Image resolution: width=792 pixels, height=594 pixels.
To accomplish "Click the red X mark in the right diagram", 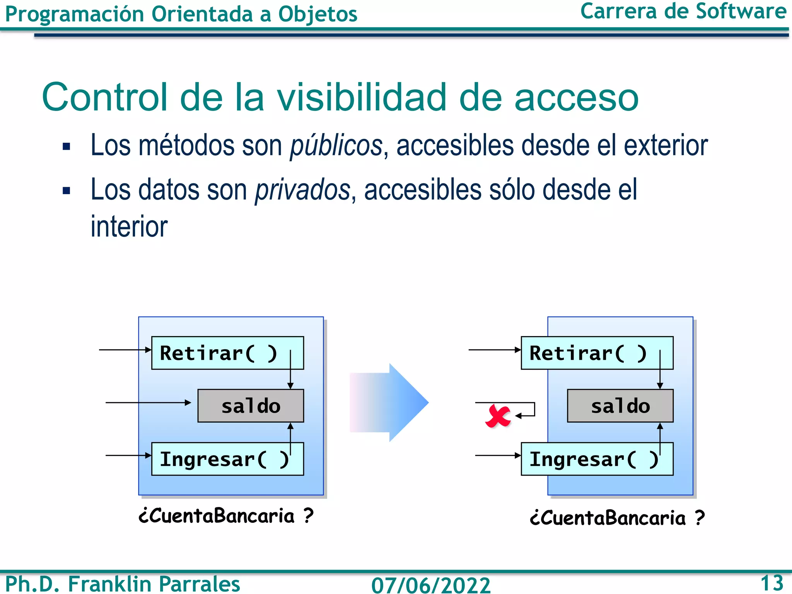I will click(x=498, y=416).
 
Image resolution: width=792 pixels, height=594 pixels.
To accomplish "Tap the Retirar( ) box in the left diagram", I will click(x=227, y=353).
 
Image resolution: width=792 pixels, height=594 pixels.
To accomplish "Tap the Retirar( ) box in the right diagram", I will click(x=597, y=353).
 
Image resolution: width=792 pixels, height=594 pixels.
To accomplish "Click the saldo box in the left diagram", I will click(x=251, y=406).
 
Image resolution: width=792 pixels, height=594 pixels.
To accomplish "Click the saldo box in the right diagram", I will click(x=620, y=406).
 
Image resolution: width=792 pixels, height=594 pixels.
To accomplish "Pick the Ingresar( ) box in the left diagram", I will click(x=227, y=459).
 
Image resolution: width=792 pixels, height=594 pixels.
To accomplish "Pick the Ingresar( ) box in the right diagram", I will click(x=597, y=459).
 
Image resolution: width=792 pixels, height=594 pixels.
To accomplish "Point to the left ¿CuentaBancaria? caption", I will click(x=226, y=516).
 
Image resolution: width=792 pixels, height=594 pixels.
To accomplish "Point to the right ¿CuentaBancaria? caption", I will click(x=617, y=518).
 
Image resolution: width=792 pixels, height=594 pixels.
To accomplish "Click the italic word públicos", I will click(x=336, y=146).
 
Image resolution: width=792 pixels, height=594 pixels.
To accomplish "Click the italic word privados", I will click(x=302, y=190).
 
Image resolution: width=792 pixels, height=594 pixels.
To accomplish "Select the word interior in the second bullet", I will click(x=129, y=227).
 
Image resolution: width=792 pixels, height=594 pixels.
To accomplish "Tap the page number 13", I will click(x=772, y=583).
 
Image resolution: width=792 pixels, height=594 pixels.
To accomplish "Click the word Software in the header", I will click(x=741, y=11).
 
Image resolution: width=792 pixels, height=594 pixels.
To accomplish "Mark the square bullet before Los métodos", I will click(x=67, y=147).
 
